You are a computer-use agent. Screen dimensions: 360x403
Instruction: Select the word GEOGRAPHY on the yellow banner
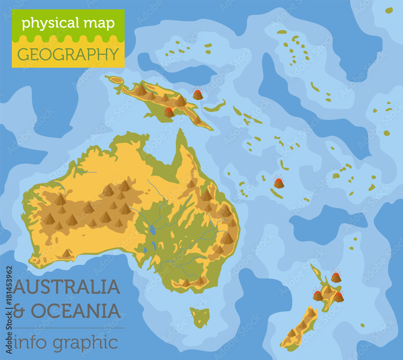click(68, 54)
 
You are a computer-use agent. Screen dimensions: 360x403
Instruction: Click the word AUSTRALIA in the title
click(67, 287)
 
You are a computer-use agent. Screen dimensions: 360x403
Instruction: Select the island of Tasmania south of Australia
click(200, 316)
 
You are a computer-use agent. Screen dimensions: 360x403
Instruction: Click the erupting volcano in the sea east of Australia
click(278, 182)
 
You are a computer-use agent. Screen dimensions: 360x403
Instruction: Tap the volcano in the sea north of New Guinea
click(197, 94)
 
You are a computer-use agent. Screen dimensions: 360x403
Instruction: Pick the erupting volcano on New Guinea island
click(169, 112)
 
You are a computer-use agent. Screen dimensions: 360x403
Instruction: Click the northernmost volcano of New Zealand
click(336, 277)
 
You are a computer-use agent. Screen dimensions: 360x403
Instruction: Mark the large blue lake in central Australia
click(153, 230)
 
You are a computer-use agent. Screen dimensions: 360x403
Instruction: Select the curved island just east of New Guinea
click(215, 107)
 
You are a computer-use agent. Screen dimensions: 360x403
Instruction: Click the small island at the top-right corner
click(388, 10)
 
